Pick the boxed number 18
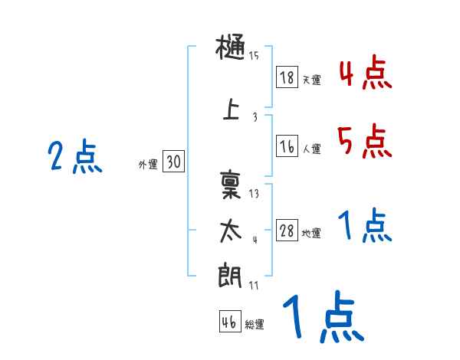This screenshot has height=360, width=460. (x=287, y=77)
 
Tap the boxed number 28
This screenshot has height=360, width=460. (x=287, y=231)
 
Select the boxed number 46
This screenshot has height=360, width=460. (x=229, y=322)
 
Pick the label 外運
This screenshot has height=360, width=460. (x=147, y=164)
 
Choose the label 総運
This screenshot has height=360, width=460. (x=255, y=325)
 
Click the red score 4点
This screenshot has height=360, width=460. (x=365, y=74)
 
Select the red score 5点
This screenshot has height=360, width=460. (x=365, y=140)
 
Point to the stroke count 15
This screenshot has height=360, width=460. (x=254, y=55)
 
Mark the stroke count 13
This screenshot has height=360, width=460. (x=254, y=194)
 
